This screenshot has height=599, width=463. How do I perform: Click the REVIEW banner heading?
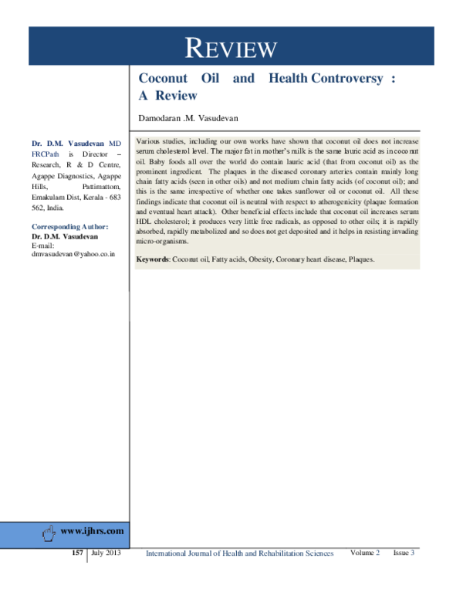[231, 49]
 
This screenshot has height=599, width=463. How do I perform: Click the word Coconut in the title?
[163, 79]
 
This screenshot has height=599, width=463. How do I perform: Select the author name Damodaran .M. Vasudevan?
[188, 118]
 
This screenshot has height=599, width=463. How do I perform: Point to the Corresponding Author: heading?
[69, 226]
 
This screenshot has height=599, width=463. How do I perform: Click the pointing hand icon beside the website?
[48, 533]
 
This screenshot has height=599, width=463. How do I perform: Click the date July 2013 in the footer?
[106, 553]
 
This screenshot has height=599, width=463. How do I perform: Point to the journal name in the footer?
[240, 553]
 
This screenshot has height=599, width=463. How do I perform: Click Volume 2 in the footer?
[365, 553]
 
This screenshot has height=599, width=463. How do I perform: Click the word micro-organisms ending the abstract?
[162, 241]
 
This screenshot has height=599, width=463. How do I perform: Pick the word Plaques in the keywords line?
[360, 259]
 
